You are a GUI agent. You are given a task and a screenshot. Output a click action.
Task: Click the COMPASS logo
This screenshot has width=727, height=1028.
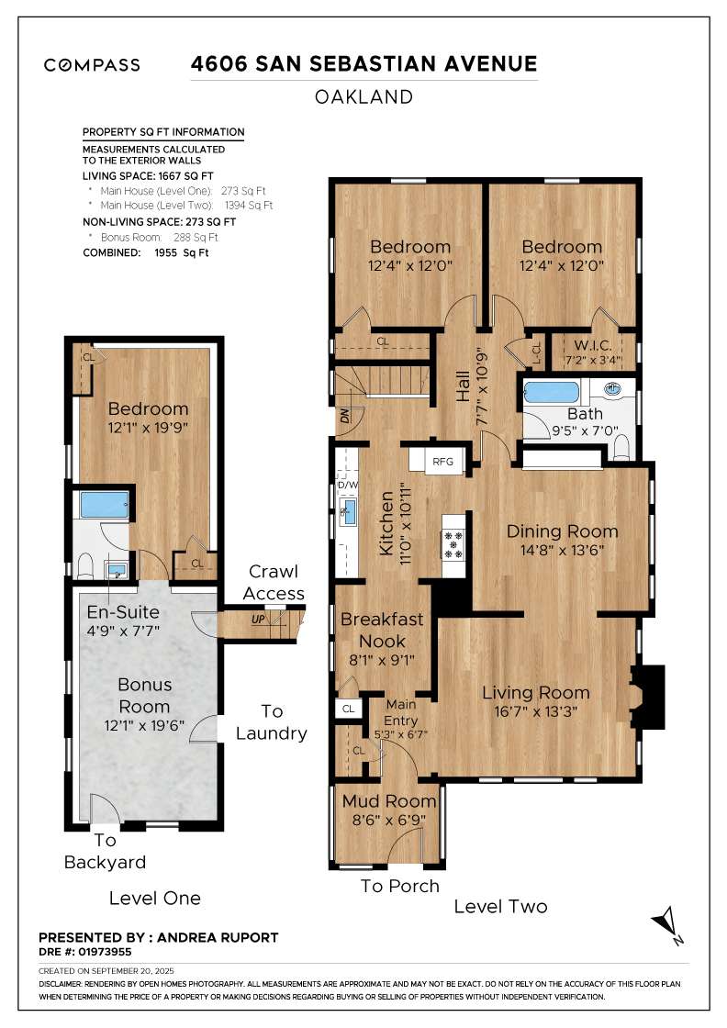tap(92, 64)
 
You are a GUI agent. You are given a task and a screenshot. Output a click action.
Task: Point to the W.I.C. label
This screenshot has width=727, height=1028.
tap(593, 346)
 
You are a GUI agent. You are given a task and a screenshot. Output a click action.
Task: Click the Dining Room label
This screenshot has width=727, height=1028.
tap(562, 531)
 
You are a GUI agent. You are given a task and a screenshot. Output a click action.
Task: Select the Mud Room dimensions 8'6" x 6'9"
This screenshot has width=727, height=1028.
tap(389, 820)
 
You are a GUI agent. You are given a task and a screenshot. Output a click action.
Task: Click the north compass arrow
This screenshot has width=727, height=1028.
tap(668, 922)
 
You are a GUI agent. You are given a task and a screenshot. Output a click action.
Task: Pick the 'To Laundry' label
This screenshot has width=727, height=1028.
tap(272, 722)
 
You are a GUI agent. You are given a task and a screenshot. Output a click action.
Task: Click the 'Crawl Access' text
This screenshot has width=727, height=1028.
tap(274, 583)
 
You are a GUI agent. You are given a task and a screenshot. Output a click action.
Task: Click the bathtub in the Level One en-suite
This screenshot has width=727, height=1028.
tap(104, 505)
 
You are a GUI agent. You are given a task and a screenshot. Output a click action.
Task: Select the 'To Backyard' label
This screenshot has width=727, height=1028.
tap(105, 851)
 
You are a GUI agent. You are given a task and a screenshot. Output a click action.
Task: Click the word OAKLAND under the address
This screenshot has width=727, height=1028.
tap(363, 96)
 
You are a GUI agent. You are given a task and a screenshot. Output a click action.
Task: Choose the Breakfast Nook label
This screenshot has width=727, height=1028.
tap(381, 631)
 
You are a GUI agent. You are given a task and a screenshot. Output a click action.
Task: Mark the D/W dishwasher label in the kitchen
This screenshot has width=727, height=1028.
tap(347, 486)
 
